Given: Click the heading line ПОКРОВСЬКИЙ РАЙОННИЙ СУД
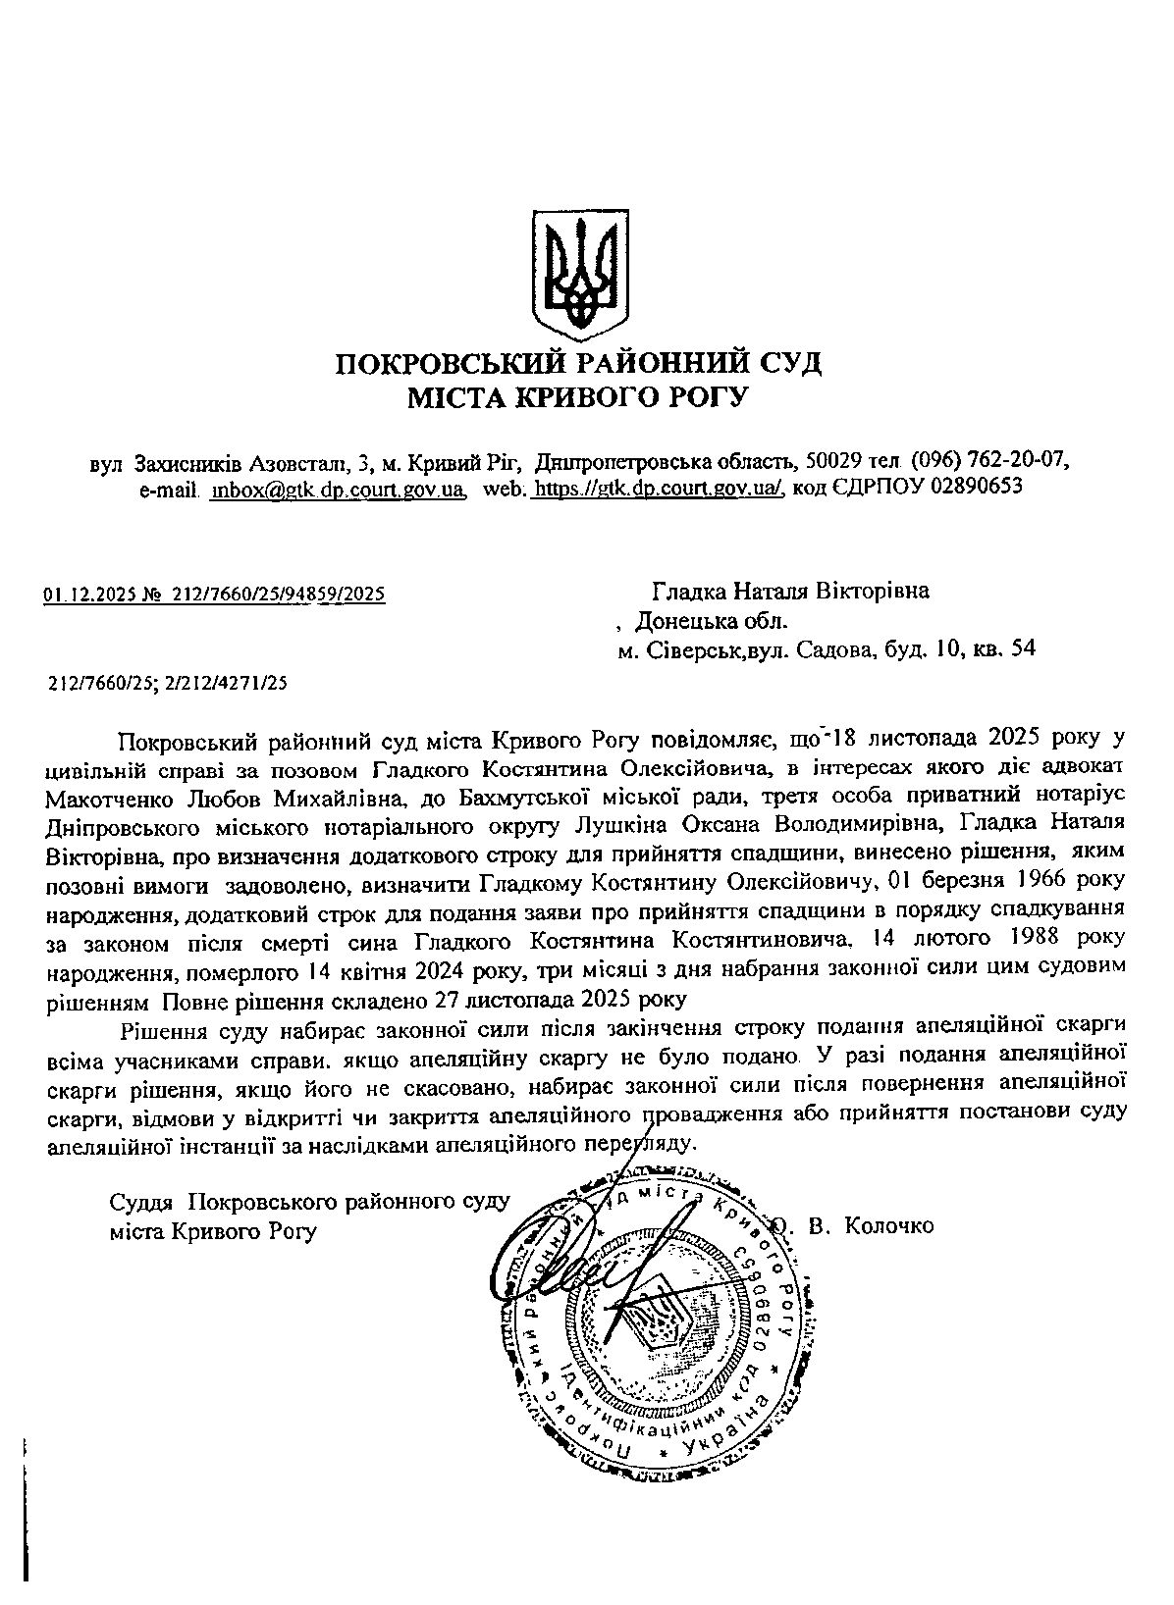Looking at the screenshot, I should (x=578, y=364).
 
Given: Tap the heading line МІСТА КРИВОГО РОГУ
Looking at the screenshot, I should (x=578, y=397).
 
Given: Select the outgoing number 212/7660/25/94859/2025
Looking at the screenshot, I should (x=279, y=594).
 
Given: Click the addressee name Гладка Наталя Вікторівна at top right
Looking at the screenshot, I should (x=791, y=592).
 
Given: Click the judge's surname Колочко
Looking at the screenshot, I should (x=889, y=1225).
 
